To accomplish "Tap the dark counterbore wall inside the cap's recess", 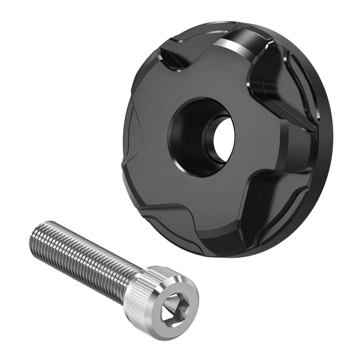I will click(181, 137).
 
